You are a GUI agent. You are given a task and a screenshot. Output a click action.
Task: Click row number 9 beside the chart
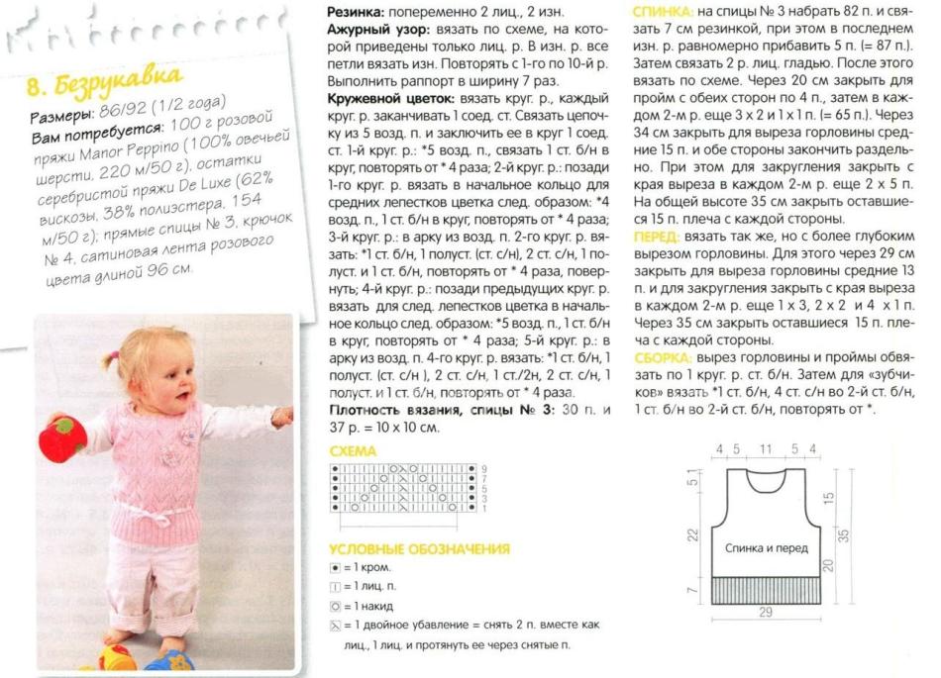click(x=484, y=467)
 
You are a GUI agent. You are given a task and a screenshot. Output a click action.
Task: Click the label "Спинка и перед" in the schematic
click(x=766, y=547)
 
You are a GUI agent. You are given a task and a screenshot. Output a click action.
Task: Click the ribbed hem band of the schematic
click(x=765, y=589)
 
